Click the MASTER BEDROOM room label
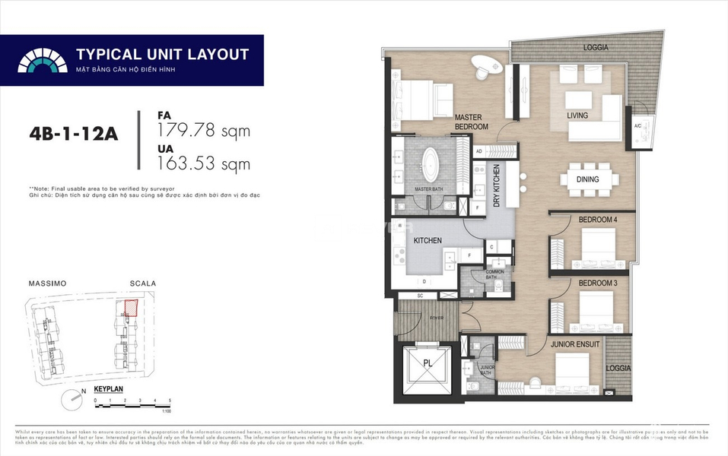coord(471,122)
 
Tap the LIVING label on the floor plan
coord(578,116)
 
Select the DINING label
coord(587,179)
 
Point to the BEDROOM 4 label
coord(597,220)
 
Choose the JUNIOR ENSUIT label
coord(575,344)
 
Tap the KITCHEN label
coord(428,240)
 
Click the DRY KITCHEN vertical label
coord(497,187)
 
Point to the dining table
coord(589,180)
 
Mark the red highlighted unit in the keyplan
coord(130,308)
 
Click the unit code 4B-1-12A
coord(74,134)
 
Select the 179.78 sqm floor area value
coord(203,131)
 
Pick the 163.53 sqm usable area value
coord(203,162)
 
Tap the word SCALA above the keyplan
coord(143,283)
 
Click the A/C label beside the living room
coord(637,126)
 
